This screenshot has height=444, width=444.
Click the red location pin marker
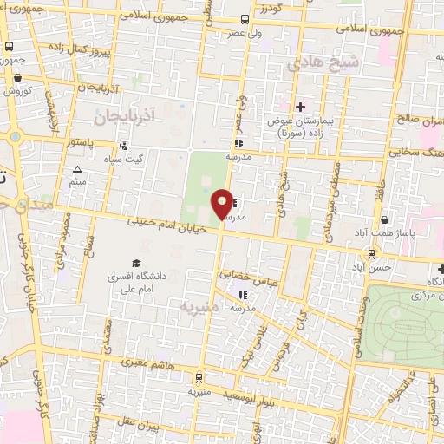coord(223,204)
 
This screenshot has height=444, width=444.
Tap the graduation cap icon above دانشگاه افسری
coord(136,263)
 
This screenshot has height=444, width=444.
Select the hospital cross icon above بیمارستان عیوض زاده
coord(301,108)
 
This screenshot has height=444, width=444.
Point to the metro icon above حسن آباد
coord(372,254)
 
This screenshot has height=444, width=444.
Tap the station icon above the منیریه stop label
coord(199,378)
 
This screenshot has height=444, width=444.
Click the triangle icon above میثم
coord(78,170)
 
